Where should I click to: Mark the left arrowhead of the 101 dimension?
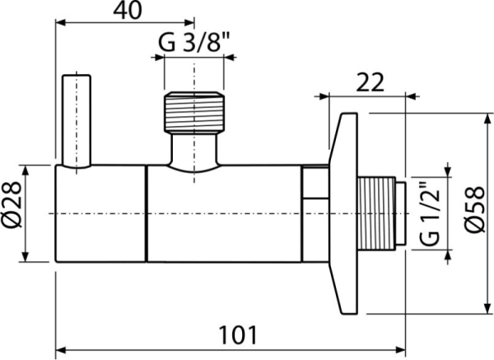[59, 347]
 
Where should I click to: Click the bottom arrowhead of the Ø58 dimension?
[482, 308]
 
